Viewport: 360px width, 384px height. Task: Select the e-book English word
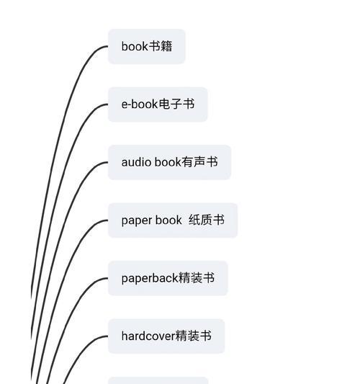[140, 104]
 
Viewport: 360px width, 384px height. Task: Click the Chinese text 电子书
[176, 104]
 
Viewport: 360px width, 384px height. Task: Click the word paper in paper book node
[137, 220]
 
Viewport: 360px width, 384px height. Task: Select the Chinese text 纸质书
[207, 220]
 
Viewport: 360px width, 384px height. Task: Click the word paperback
[150, 278]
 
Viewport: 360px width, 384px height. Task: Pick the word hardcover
[148, 336]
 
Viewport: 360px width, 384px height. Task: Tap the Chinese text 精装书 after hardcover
[194, 336]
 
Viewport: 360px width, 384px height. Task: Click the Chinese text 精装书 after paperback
[197, 278]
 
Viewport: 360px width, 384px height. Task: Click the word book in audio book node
[168, 162]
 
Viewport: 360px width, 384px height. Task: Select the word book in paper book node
[168, 220]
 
